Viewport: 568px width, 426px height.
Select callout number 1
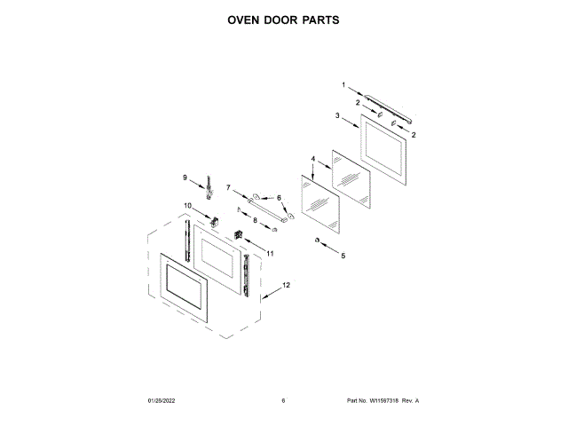[343, 85]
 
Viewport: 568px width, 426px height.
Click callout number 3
[338, 116]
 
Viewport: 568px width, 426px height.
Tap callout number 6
[278, 198]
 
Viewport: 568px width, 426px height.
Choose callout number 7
[228, 187]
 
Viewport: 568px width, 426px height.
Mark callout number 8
[255, 219]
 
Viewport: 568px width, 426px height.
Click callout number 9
[185, 177]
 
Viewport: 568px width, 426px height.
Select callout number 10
[187, 206]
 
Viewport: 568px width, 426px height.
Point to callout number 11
[270, 254]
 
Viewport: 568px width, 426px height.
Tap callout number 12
[285, 286]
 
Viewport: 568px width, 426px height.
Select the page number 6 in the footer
[283, 400]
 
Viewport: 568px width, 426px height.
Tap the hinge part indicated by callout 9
[211, 185]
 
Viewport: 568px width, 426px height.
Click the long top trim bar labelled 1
[389, 106]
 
